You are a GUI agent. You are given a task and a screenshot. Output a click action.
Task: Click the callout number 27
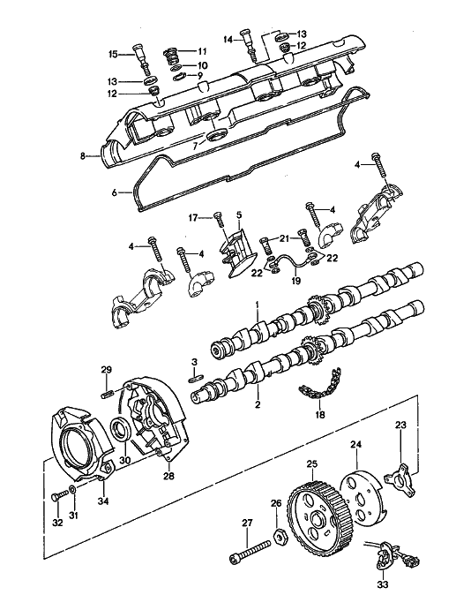(248, 523)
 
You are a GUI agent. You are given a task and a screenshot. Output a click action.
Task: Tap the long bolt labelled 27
(250, 552)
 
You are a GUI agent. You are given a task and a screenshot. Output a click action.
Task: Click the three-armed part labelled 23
(401, 480)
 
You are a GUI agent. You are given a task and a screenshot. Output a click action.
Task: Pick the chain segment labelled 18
(320, 384)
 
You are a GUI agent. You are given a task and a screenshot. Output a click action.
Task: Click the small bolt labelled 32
(60, 498)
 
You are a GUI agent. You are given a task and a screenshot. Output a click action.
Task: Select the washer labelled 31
(73, 488)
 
